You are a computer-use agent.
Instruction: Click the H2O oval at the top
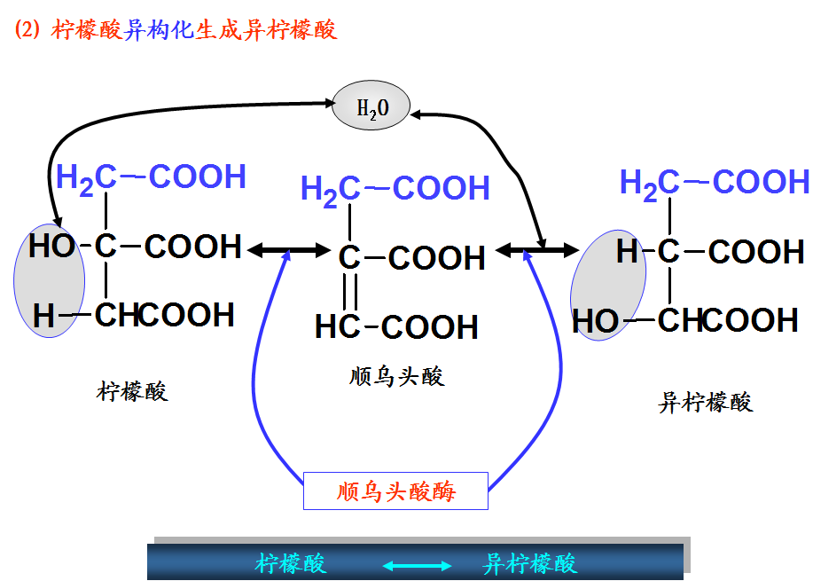point(372,108)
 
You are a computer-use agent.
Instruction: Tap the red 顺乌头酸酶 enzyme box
point(395,491)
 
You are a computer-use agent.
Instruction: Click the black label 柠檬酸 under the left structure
point(132,391)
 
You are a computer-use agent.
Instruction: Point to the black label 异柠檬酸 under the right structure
point(706,402)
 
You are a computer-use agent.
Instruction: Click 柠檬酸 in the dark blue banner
point(291,564)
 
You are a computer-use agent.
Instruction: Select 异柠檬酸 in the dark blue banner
point(530,564)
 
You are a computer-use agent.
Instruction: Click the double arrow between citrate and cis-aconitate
point(289,250)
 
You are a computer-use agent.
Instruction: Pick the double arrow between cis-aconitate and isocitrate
point(537,250)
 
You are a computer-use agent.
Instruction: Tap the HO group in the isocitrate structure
point(597,320)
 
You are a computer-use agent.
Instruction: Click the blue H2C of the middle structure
point(330,189)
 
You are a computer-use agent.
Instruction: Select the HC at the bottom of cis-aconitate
point(336,326)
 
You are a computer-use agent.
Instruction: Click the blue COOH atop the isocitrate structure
point(761,183)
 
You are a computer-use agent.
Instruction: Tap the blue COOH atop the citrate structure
point(197,177)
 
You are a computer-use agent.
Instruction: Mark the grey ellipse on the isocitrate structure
point(608,284)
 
